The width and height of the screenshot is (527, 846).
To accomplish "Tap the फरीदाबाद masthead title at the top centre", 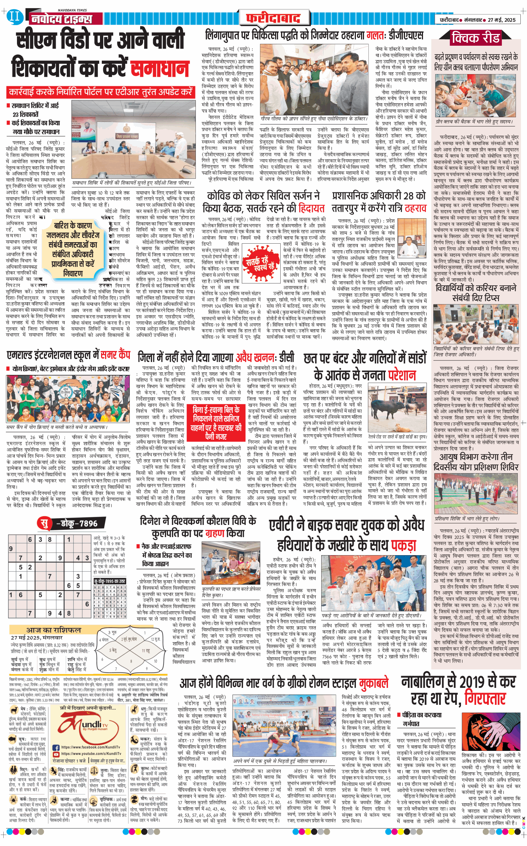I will (x=273, y=18).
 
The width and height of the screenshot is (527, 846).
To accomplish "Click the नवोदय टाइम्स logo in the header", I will (x=62, y=18).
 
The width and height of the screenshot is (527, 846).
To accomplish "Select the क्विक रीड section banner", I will (x=475, y=38).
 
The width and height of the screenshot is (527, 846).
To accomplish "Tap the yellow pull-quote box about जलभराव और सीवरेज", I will (x=73, y=249).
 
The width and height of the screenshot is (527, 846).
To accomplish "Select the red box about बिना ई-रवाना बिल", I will (x=216, y=423).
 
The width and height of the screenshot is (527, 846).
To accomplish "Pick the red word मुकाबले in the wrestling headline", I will (x=374, y=683).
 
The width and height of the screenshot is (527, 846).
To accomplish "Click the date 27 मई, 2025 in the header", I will (x=502, y=20).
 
